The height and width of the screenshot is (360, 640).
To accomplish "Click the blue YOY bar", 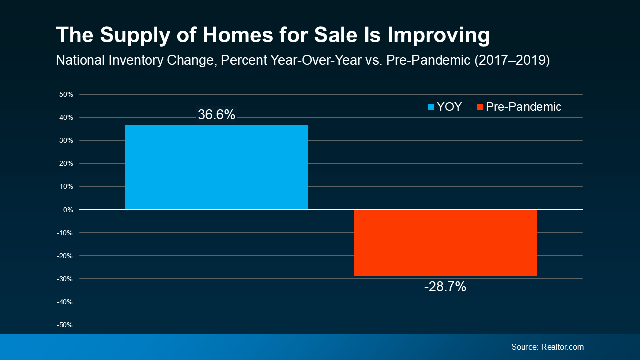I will pyautogui.click(x=216, y=167).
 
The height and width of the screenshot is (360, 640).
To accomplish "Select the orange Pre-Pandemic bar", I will pyautogui.click(x=445, y=243).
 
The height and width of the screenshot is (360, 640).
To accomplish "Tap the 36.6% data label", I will pyautogui.click(x=216, y=115).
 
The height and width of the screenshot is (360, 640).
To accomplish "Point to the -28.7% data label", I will pyautogui.click(x=445, y=287).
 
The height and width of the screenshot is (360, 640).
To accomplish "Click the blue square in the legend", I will pyautogui.click(x=431, y=107).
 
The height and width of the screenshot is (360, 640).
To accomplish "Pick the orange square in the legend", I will pyautogui.click(x=480, y=107).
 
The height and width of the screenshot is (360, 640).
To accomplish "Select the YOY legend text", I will pyautogui.click(x=449, y=107).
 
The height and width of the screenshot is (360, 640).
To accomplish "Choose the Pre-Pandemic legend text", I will pyautogui.click(x=523, y=107).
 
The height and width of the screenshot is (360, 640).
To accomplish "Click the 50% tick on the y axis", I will pyautogui.click(x=66, y=94).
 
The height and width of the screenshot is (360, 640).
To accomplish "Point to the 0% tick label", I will pyautogui.click(x=68, y=210).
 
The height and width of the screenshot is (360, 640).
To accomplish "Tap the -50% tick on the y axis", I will pyautogui.click(x=65, y=325).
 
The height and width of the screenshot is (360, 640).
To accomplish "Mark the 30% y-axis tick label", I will pyautogui.click(x=66, y=141).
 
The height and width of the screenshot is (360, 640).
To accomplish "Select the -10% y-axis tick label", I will pyautogui.click(x=65, y=233).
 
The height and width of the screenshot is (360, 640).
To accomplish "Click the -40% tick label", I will pyautogui.click(x=65, y=302).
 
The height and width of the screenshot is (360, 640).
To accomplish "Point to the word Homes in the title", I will pyautogui.click(x=228, y=36).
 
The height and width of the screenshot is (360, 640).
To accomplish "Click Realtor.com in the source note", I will pyautogui.click(x=562, y=347).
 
